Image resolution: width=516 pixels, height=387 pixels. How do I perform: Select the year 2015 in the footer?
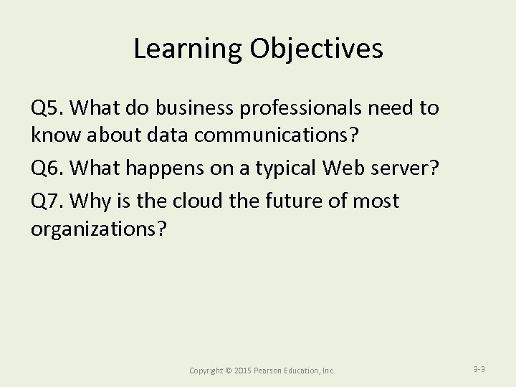pos(242,371)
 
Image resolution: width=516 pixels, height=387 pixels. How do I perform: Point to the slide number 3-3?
pos(480,369)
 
